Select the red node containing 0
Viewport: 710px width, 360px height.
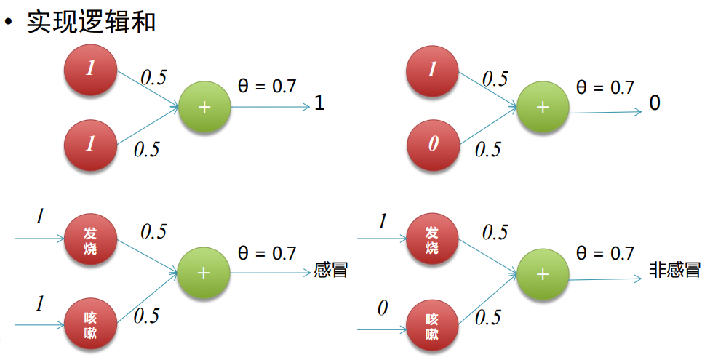coord(434,143)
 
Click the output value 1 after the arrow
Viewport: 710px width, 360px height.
coord(319,105)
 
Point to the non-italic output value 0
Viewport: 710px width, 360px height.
coord(655,103)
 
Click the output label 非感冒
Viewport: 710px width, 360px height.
coord(674,271)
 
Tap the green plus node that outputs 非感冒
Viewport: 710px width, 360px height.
coord(542,273)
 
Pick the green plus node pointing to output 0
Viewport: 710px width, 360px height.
coord(542,106)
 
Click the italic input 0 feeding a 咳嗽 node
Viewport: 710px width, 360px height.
coord(382,309)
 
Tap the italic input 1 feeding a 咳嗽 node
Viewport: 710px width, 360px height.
coord(41,303)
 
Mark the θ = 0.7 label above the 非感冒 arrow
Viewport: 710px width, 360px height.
coord(605,254)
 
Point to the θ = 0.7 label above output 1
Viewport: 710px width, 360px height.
coord(267,87)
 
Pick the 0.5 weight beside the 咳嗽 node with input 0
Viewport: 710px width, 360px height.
coord(488,317)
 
